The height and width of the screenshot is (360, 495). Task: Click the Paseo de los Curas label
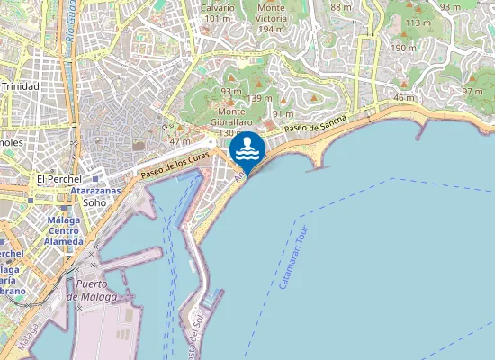[175, 166]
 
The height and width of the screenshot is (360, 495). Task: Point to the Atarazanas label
[95, 192]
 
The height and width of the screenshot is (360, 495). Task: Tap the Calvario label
[218, 7]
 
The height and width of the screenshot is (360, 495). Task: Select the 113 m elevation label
[418, 22]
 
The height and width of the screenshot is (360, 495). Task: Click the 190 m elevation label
[403, 49]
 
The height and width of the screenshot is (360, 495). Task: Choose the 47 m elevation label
[179, 141]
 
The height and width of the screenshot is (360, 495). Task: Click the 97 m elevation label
[472, 92]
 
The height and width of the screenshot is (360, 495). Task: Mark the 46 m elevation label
[405, 98]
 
